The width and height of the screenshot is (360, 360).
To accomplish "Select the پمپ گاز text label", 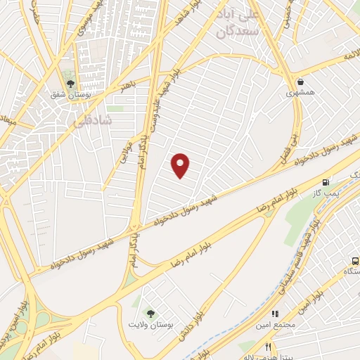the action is [328, 192].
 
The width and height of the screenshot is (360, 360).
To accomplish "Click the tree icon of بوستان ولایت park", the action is [148, 312].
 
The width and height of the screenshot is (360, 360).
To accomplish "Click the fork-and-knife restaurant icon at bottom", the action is [267, 347].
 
